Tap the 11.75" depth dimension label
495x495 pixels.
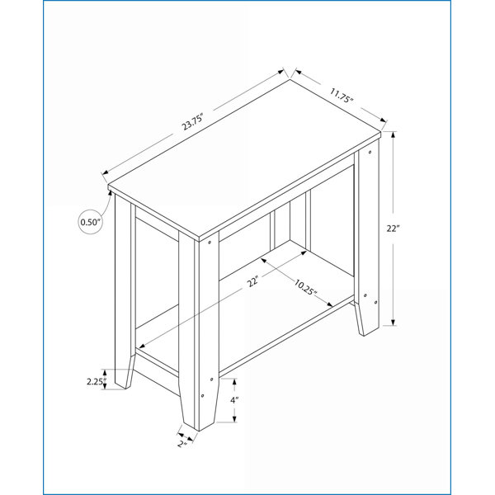click(341, 96)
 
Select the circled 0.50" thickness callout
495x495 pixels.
click(90, 222)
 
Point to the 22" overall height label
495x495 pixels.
click(393, 229)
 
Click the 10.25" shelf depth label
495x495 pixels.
click(305, 287)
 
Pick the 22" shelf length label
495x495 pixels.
click(253, 281)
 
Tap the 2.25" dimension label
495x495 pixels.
click(97, 381)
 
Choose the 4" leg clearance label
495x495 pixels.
click(234, 400)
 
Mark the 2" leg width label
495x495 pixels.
click(182, 444)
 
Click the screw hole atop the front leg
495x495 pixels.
click(210, 243)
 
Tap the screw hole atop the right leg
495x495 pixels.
click(370, 153)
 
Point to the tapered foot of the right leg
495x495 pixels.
click(366, 318)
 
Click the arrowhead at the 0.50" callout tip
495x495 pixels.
click(111, 192)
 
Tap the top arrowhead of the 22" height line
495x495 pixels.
click(393, 134)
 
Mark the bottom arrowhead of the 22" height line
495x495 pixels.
click(393, 322)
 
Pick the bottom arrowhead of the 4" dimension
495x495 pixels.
click(234, 419)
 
